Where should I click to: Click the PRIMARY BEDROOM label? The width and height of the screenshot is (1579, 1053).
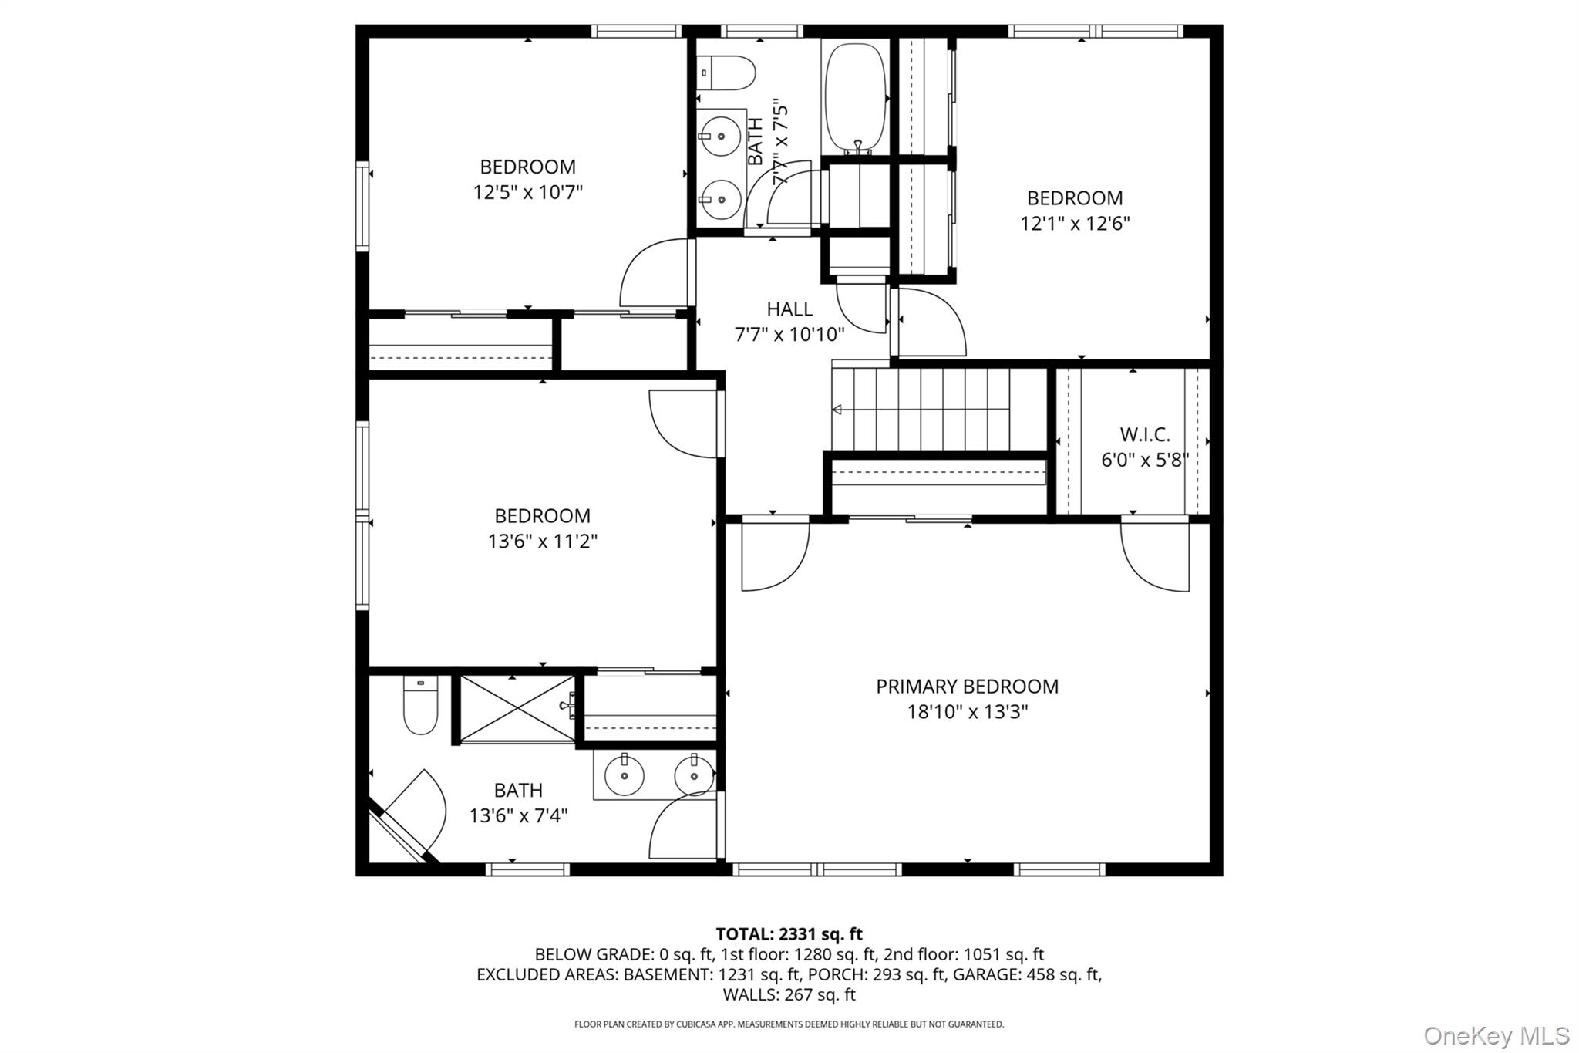point(967,686)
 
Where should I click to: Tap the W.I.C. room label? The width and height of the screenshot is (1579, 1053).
point(1144,434)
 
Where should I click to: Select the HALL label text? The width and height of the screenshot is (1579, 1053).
point(789,309)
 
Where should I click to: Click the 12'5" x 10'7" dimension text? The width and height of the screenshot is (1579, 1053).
point(527,192)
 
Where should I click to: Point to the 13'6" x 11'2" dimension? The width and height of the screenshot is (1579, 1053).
point(542,542)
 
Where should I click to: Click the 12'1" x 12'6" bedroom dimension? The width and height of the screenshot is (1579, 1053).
point(1075,224)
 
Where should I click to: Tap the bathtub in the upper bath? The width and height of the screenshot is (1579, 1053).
point(855,96)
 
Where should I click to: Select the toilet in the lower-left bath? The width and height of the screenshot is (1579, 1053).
point(420,705)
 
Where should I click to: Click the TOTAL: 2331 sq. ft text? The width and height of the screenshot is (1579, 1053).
point(789,934)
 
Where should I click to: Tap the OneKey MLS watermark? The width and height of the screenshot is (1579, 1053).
point(1496,1035)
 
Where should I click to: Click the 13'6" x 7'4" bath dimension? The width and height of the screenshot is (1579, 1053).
point(518,815)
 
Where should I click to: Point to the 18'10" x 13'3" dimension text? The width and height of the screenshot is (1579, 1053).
point(967,711)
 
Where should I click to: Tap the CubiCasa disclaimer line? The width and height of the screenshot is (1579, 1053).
point(789,1024)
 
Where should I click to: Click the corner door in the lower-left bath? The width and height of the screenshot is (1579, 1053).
point(412,814)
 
